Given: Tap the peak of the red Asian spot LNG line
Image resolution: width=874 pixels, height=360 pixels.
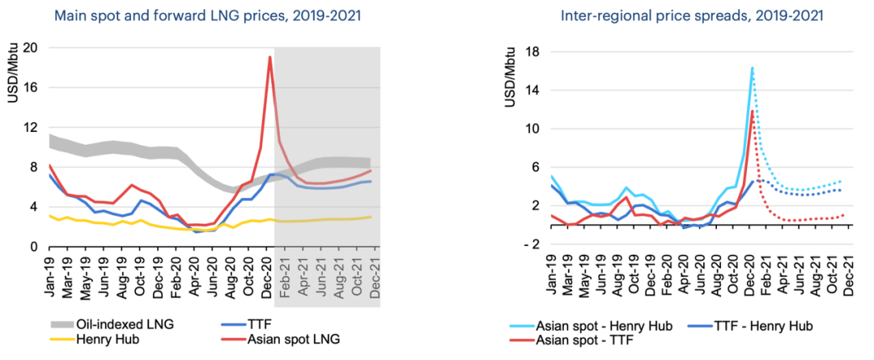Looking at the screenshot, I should [x=269, y=57].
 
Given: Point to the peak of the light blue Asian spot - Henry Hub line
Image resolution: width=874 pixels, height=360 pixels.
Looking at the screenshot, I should [x=752, y=68].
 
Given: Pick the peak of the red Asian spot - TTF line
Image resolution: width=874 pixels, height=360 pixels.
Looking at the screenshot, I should [x=753, y=111].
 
